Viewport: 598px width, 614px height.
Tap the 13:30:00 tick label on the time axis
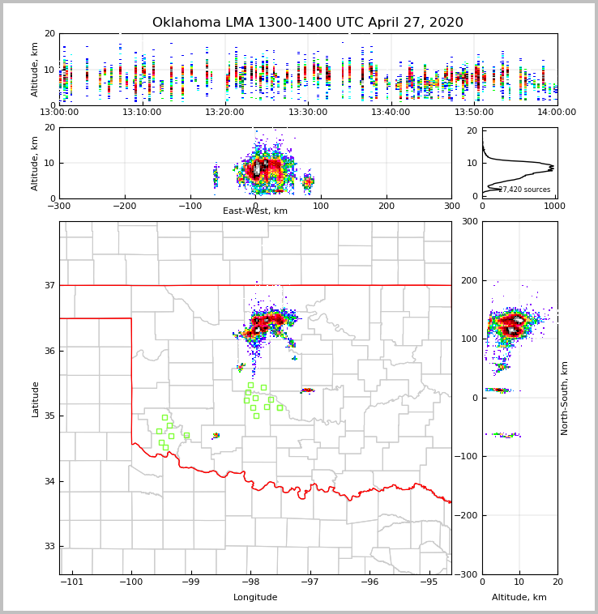pyautogui.click(x=308, y=112)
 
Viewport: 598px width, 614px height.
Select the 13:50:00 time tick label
pyautogui.click(x=474, y=112)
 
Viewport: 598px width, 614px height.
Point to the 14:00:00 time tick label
pyautogui.click(x=557, y=112)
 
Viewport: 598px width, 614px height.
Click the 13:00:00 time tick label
pyautogui.click(x=59, y=112)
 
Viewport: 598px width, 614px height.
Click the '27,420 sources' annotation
pyautogui.click(x=524, y=190)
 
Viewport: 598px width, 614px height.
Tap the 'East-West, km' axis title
pyautogui.click(x=255, y=211)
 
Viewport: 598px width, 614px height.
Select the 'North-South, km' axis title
pyautogui.click(x=565, y=398)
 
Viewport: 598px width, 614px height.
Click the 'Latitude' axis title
pyautogui.click(x=35, y=399)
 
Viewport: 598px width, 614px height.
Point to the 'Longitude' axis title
pyautogui.click(x=255, y=598)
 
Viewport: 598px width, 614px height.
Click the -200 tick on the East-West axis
pyautogui.click(x=124, y=206)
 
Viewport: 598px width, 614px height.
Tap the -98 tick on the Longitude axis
pyautogui.click(x=250, y=582)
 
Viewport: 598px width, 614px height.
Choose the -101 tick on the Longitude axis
pyautogui.click(x=72, y=582)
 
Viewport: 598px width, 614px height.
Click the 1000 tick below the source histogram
pyautogui.click(x=555, y=206)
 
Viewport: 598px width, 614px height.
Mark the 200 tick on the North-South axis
pyautogui.click(x=469, y=280)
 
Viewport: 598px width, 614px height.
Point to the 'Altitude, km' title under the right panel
pyautogui.click(x=519, y=598)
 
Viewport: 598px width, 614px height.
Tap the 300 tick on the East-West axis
pyautogui.click(x=451, y=206)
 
